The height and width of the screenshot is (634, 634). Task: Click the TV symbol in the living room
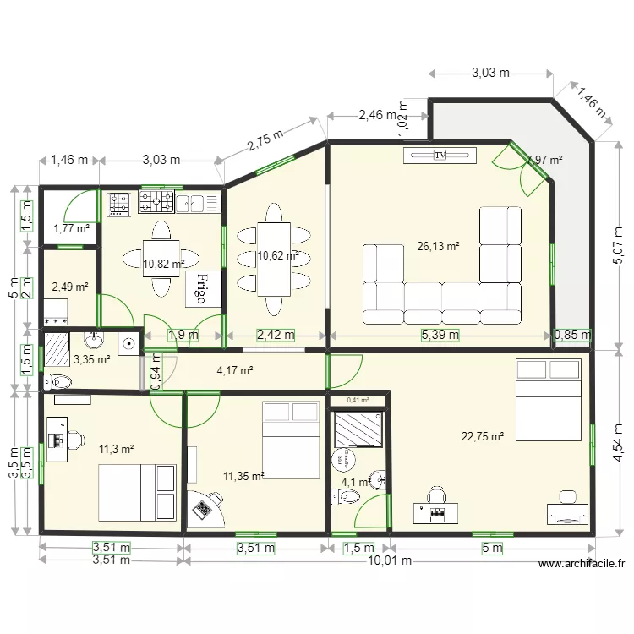point(440,155)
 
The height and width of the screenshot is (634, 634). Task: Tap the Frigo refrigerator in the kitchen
point(205,289)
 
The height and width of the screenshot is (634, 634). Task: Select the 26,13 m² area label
point(438,246)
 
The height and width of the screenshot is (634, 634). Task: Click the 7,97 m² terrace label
point(544,160)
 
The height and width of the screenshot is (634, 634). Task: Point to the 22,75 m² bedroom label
point(483,436)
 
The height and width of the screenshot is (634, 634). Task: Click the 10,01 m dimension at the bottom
point(389,560)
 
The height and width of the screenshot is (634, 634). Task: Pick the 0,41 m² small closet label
point(358,400)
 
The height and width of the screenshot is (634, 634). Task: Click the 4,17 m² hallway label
point(235,369)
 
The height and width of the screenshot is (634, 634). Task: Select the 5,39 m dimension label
point(440,335)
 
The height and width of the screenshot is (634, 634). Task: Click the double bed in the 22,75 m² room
point(547,399)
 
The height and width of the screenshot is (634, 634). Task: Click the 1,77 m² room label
point(71,228)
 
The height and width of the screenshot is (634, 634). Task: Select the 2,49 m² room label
point(69,287)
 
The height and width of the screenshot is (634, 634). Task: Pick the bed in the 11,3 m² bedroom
point(136,491)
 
